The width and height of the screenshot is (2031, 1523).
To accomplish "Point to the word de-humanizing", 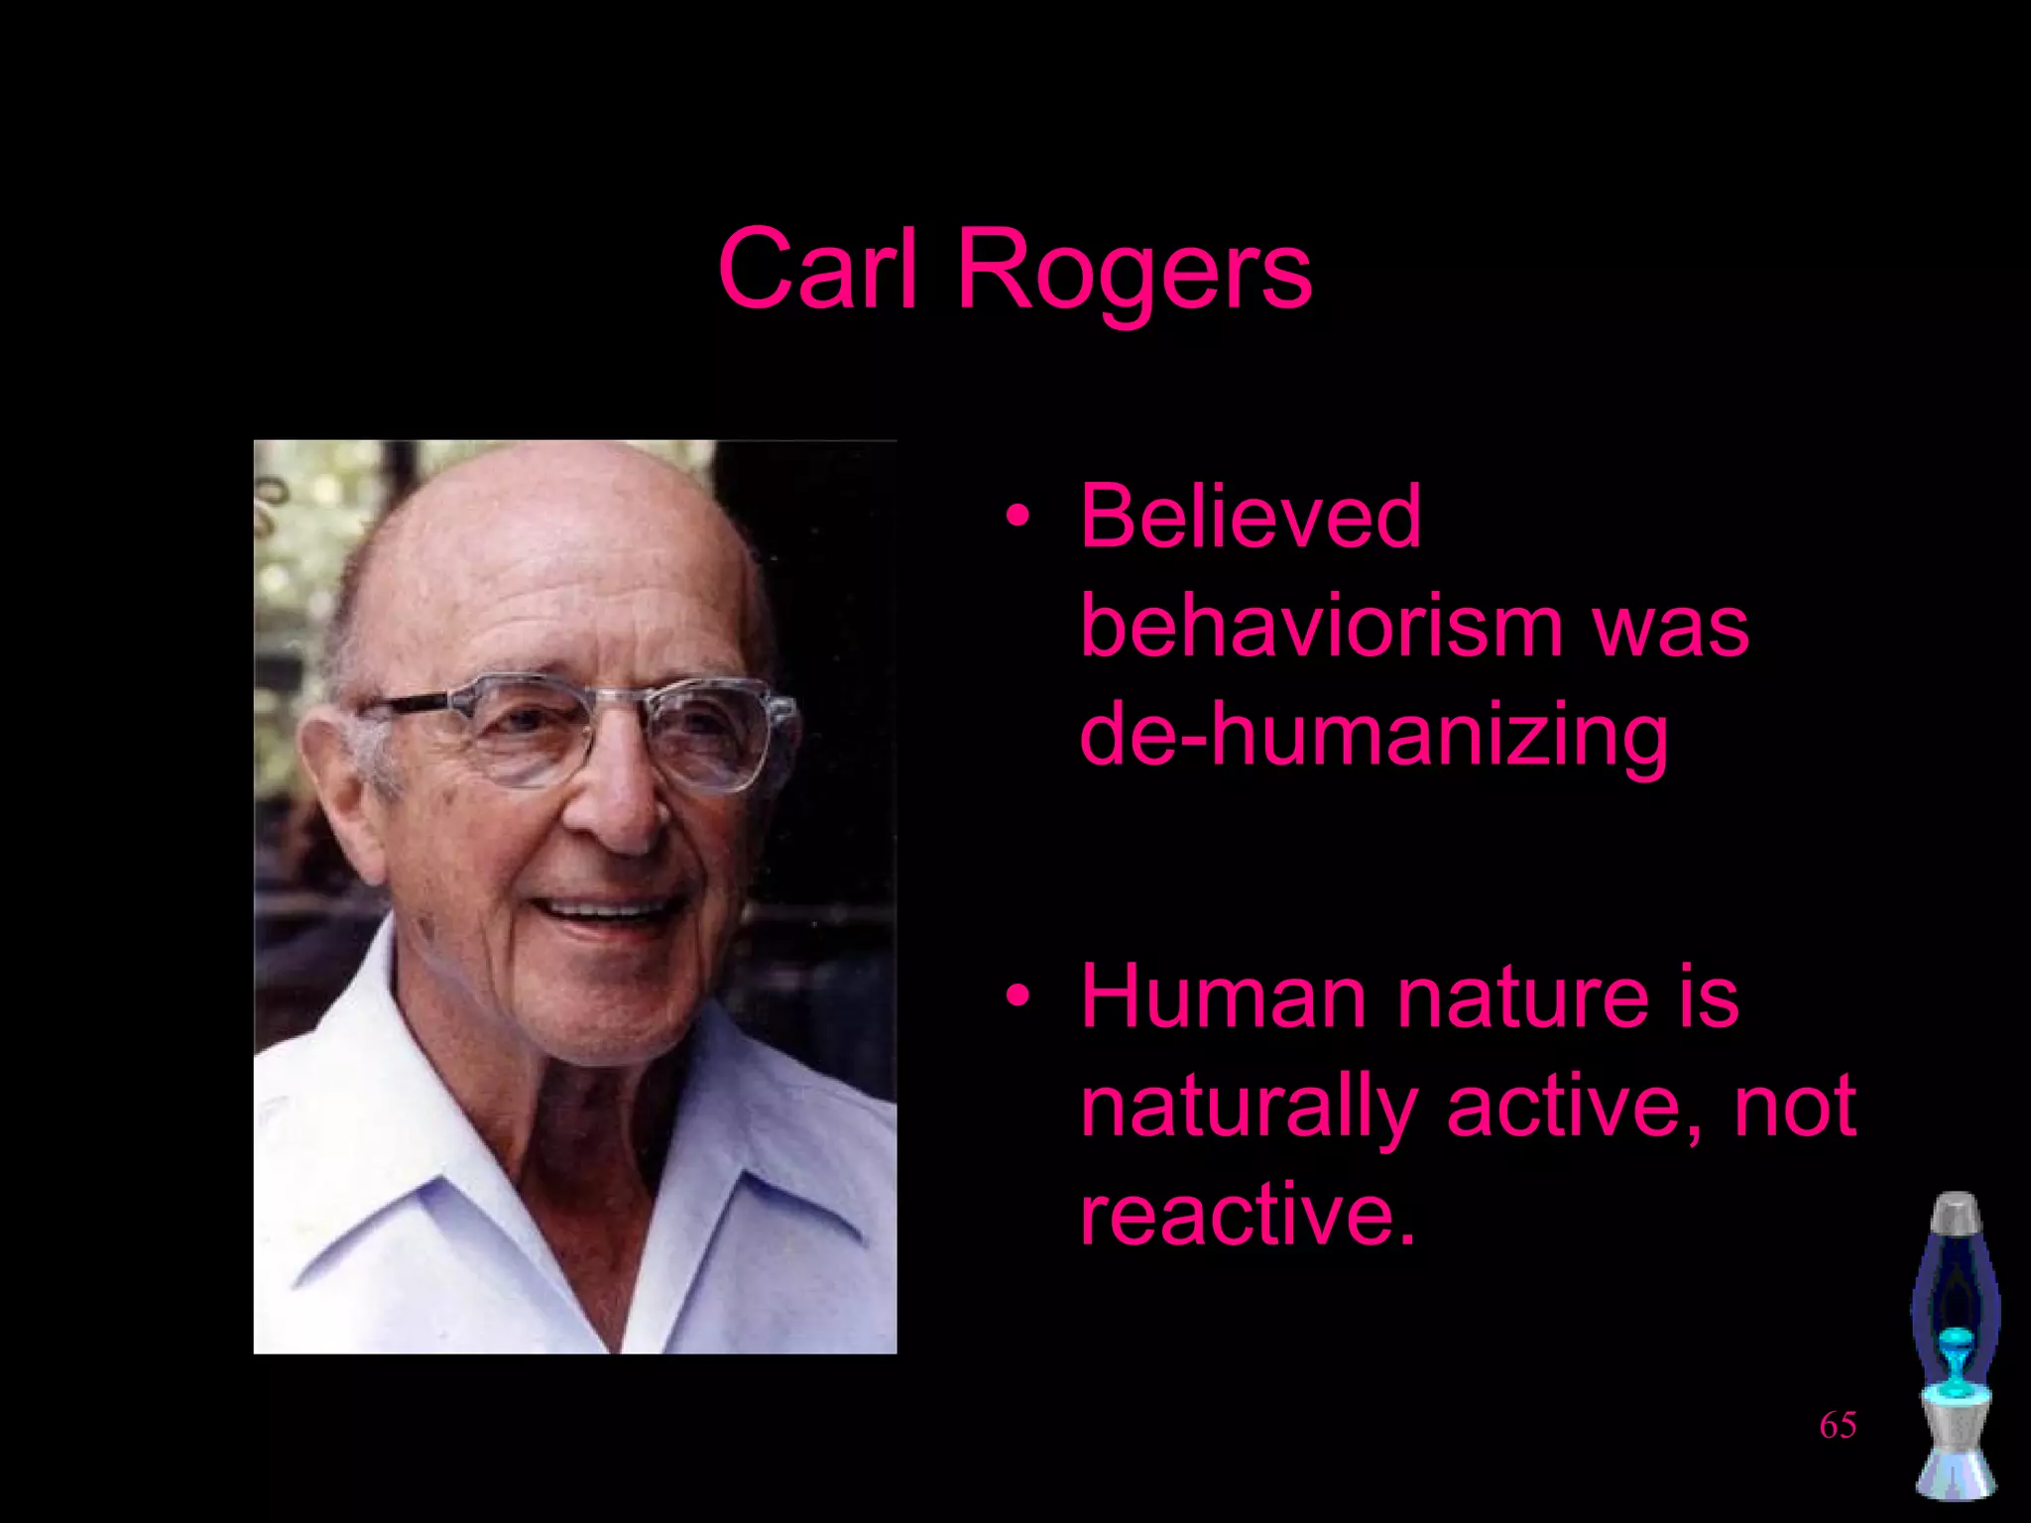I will (x=1374, y=737).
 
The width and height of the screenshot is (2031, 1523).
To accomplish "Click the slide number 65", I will (x=1838, y=1426).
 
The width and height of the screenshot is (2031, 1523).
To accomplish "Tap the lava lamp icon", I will (x=1955, y=1348).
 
